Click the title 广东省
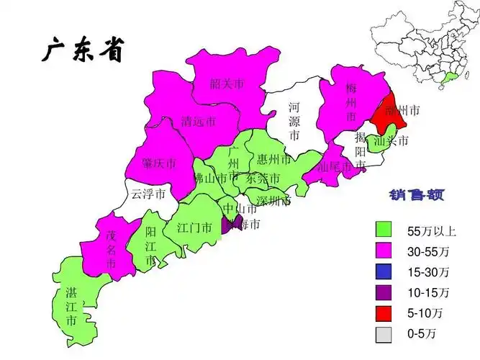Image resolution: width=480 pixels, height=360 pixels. click(x=83, y=51)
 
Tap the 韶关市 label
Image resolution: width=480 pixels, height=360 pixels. click(x=227, y=84)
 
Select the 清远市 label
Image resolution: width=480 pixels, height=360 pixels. click(x=198, y=121)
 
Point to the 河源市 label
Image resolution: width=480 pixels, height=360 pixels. click(x=294, y=120)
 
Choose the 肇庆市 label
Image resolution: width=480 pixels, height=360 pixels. click(x=159, y=163)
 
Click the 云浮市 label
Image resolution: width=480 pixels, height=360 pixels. click(x=148, y=194)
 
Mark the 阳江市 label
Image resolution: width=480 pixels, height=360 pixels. click(x=150, y=246)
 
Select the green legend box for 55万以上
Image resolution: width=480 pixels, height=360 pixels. click(x=384, y=230)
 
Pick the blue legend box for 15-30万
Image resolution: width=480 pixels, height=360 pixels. click(x=384, y=272)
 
